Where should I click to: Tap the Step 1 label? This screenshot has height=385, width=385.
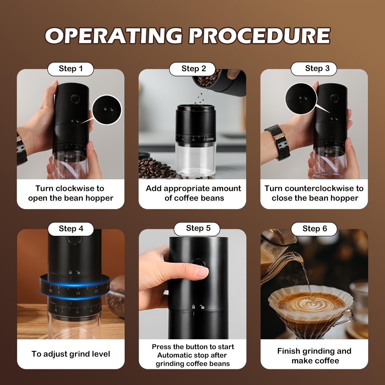click(x=71, y=69)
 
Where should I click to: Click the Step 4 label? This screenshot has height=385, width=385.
click(x=71, y=229)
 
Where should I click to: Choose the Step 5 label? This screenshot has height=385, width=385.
click(x=198, y=228)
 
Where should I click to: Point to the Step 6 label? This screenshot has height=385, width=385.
click(x=315, y=229)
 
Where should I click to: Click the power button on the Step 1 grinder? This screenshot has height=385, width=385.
click(x=74, y=99)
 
